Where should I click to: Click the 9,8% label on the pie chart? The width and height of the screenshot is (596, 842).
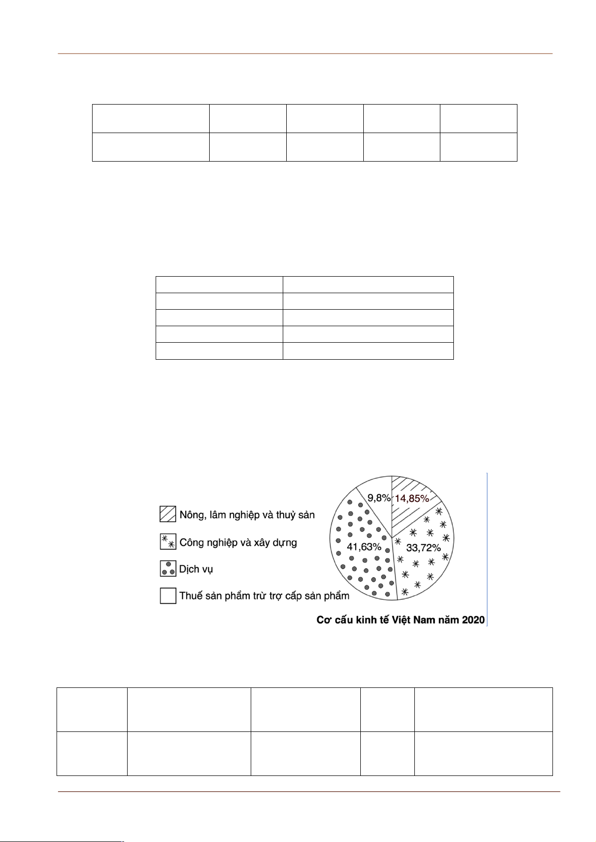tap(378, 498)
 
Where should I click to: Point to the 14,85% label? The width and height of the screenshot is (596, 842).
tap(411, 498)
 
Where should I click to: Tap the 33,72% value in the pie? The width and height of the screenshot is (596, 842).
tap(423, 547)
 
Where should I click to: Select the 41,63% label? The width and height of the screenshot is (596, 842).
tap(364, 546)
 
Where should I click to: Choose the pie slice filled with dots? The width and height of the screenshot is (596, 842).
tap(358, 570)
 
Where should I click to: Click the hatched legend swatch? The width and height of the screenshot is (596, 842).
tap(168, 514)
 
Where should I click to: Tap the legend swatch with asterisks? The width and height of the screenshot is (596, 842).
tap(168, 542)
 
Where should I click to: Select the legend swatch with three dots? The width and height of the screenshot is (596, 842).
tap(168, 569)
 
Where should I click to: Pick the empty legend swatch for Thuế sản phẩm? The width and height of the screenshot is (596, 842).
tap(168, 596)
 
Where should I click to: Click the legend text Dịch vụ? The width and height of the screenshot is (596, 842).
tap(196, 569)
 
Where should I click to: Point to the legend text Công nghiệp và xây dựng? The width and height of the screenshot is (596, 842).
tap(238, 542)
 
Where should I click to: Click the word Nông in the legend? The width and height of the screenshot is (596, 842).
tap(191, 514)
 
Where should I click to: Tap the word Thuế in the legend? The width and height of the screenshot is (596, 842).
tap(191, 596)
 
